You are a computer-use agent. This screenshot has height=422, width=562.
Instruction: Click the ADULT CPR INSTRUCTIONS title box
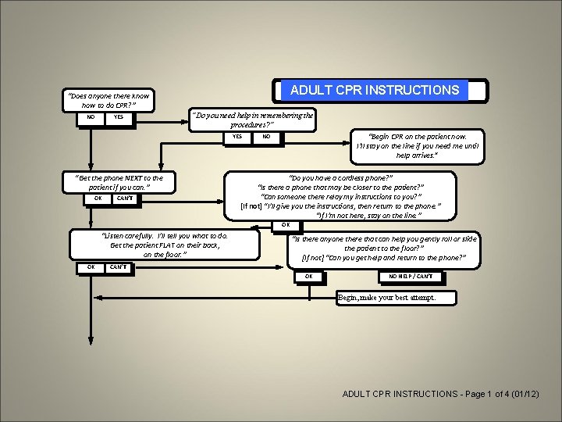click(x=375, y=90)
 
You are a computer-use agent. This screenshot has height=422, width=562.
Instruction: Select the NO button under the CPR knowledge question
click(x=91, y=117)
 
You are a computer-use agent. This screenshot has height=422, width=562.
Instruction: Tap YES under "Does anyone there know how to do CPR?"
click(x=118, y=117)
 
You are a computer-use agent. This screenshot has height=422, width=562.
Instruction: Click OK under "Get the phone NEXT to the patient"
click(x=98, y=198)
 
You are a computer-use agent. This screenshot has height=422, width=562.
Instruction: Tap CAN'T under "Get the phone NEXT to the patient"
click(x=125, y=198)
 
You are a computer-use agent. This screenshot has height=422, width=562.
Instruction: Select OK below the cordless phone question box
click(x=286, y=227)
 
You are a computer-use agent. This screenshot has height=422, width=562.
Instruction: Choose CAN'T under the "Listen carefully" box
click(x=119, y=267)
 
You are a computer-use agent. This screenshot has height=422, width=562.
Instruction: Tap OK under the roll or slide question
click(x=309, y=277)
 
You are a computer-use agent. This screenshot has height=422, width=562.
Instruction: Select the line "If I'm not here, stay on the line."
click(x=368, y=215)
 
